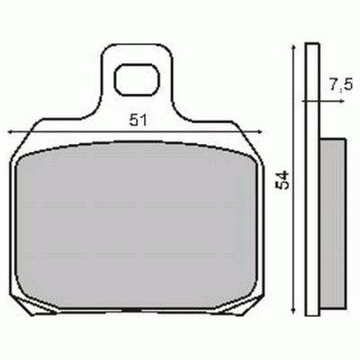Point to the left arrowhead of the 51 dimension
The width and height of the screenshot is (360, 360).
10,131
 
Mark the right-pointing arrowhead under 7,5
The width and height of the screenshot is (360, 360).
317,102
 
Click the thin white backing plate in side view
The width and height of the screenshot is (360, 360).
311,180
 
